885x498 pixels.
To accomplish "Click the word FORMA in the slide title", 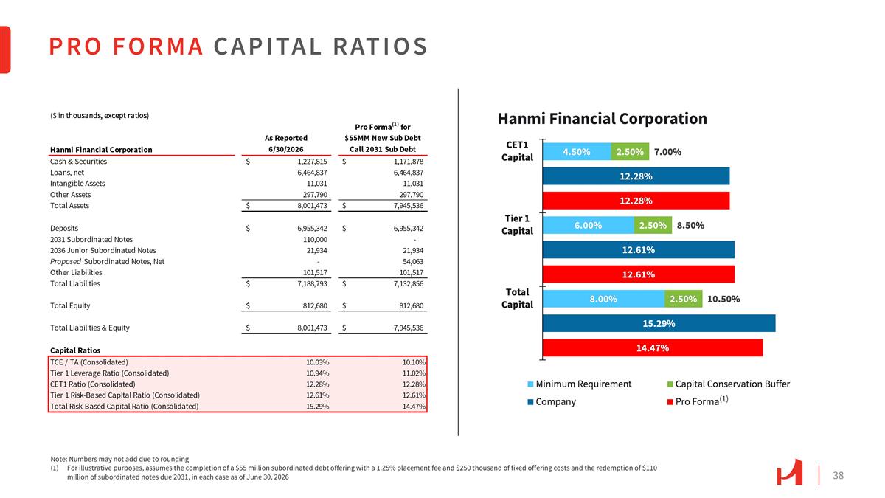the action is [x=158, y=46].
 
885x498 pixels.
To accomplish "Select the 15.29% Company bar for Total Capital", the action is [x=659, y=323].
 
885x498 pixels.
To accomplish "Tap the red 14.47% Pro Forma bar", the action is [x=652, y=347].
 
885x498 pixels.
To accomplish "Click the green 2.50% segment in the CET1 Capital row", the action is [x=630, y=152].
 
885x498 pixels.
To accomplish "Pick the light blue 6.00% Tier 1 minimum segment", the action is [x=589, y=225].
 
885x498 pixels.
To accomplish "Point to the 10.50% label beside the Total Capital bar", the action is [x=723, y=300].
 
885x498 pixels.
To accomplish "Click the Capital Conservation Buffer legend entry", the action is [x=728, y=384].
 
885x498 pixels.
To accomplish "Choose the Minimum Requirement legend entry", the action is [x=579, y=384].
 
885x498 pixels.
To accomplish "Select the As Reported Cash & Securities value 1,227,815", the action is [x=312, y=162].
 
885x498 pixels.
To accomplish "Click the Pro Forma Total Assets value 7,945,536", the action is [x=408, y=206].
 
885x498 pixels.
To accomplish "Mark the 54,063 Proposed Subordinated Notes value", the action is [x=413, y=262].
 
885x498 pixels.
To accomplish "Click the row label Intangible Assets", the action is [x=77, y=184].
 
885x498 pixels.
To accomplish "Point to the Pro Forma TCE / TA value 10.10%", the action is [x=414, y=362].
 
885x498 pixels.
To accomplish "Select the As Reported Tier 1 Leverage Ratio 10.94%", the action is [x=317, y=373].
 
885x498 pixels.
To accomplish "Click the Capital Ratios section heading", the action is [x=75, y=350].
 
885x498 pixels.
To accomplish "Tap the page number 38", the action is [x=838, y=475].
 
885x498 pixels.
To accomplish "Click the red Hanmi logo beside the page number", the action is [x=789, y=472].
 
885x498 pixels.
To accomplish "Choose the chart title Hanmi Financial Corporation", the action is [x=602, y=119].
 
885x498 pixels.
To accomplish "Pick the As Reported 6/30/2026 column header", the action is [x=285, y=143].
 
